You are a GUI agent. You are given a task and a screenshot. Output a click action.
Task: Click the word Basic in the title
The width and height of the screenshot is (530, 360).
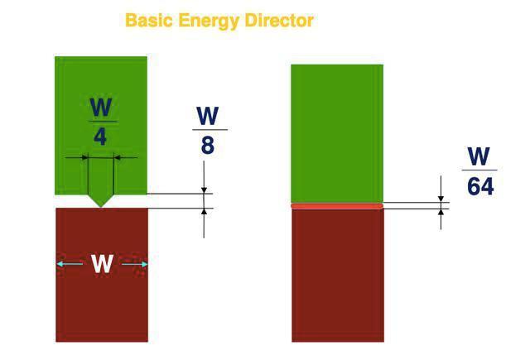[149, 20]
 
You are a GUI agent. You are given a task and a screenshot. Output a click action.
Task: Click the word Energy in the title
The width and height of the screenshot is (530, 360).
[209, 21]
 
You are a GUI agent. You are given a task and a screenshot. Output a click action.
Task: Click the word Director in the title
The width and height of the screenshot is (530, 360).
[279, 20]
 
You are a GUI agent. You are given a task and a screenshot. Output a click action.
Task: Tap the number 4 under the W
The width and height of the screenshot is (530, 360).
[100, 137]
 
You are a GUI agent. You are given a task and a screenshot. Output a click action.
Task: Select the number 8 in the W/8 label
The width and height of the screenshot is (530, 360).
[208, 145]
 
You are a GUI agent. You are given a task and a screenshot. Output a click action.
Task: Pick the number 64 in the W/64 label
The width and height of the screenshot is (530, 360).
[480, 186]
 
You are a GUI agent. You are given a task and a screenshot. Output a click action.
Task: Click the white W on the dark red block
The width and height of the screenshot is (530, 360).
[102, 264]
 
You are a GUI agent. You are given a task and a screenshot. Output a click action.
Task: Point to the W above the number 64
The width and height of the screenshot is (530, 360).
[479, 156]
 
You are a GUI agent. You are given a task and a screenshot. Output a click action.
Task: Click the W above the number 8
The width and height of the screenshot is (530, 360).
[208, 116]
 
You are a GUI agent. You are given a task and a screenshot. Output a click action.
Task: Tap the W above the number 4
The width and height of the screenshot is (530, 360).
[101, 107]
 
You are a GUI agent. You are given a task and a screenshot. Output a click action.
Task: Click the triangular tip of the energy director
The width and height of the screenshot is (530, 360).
[101, 207]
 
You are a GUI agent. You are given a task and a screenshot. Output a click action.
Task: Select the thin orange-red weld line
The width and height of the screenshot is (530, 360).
[337, 206]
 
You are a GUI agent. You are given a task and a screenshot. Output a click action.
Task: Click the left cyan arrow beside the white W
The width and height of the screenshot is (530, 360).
[70, 264]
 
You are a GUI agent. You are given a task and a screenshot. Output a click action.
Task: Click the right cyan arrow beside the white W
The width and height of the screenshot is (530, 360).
[134, 264]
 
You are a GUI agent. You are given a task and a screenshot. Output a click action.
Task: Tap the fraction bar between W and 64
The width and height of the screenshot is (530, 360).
[479, 170]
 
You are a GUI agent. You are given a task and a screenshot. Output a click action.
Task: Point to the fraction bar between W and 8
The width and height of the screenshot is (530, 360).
[210, 130]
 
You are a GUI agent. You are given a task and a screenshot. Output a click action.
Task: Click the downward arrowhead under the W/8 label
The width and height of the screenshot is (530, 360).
[204, 190]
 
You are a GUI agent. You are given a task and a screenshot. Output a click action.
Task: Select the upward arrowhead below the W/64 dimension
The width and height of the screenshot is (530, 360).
[441, 212]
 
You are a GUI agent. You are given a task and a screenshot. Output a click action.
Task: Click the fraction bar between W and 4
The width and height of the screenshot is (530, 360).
[103, 122]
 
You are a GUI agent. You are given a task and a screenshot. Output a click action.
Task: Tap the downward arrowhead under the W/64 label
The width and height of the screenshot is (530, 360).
[441, 199]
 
